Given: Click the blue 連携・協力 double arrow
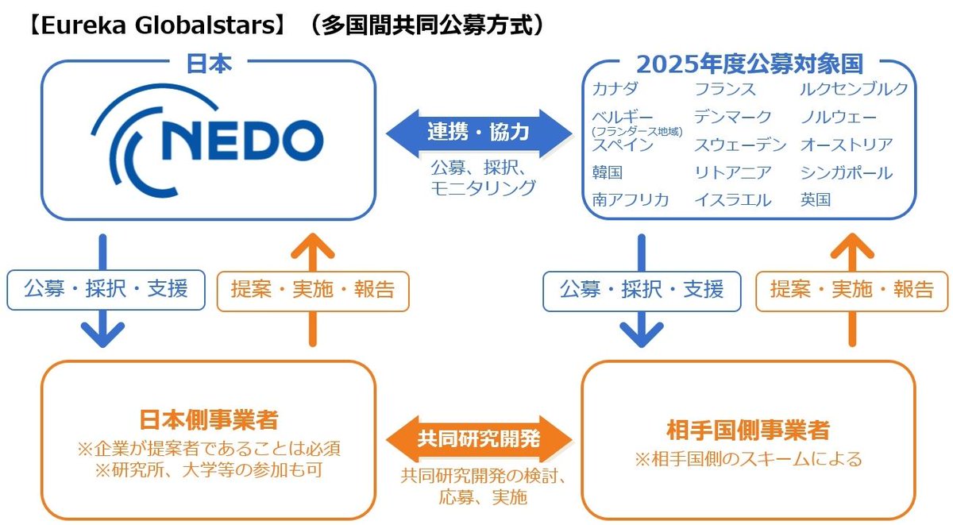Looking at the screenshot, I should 478,132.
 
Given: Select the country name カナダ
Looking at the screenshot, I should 615,89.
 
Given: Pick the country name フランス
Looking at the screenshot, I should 724,89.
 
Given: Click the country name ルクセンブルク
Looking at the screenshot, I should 854,89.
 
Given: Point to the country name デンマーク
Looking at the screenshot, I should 732,118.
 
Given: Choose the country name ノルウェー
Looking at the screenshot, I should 839,118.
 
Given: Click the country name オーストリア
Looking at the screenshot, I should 847,145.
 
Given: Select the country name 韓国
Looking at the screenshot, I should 607,172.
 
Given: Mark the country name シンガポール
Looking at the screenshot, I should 847,172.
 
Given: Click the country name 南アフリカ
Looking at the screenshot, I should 630,199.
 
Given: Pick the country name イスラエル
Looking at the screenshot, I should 732,199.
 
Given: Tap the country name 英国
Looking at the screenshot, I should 816,199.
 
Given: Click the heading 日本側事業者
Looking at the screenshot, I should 209,419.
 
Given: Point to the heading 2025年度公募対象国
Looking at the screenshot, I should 749,63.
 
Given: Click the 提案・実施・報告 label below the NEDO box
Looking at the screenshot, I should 312,290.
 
